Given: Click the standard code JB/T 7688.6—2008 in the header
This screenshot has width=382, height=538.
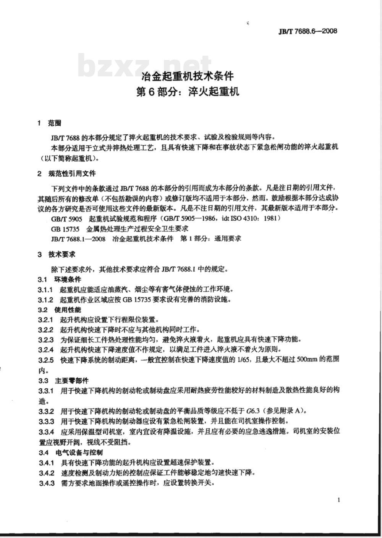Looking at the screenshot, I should pyautogui.click(x=308, y=32).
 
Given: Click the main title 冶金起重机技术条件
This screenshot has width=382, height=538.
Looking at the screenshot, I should pyautogui.click(x=188, y=76).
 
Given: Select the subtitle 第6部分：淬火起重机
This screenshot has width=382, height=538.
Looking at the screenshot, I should pyautogui.click(x=188, y=92).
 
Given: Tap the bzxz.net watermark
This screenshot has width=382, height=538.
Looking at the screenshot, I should pyautogui.click(x=145, y=66).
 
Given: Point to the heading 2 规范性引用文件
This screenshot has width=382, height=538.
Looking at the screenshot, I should pyautogui.click(x=67, y=174).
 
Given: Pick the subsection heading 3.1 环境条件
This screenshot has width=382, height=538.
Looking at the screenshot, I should pyautogui.click(x=59, y=280).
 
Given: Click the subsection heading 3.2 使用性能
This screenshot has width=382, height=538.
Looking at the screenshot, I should pyautogui.click(x=59, y=310).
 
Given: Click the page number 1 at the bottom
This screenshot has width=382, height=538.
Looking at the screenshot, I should pyautogui.click(x=339, y=500).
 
